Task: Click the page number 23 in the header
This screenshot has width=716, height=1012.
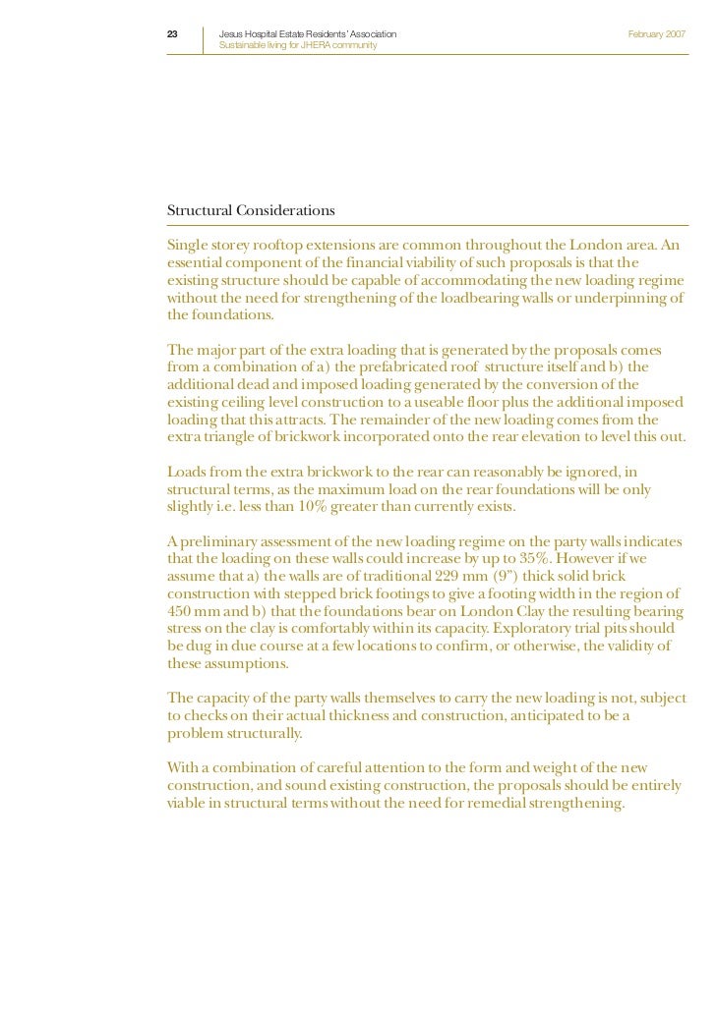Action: click(172, 34)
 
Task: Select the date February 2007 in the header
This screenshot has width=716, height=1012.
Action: click(656, 34)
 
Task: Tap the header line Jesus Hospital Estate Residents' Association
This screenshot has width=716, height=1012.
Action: click(307, 34)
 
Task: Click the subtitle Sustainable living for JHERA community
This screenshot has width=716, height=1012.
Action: click(296, 46)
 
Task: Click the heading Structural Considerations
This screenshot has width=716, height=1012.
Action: click(251, 210)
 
